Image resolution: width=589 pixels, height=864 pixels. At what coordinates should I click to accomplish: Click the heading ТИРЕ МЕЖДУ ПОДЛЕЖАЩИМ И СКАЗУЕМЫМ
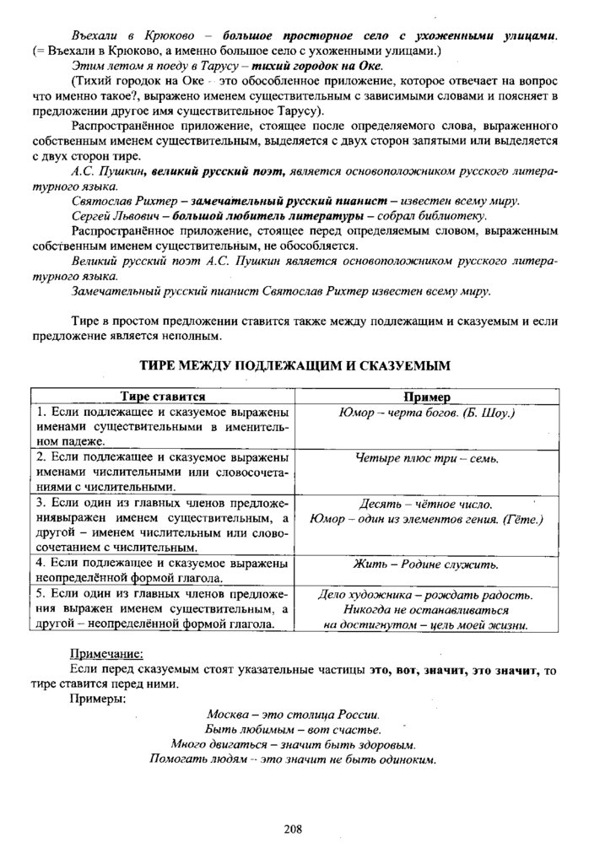(x=294, y=366)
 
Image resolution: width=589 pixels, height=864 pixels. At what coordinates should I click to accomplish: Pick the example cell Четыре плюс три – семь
(x=427, y=459)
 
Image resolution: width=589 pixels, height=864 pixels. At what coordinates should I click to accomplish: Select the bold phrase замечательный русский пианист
(x=289, y=201)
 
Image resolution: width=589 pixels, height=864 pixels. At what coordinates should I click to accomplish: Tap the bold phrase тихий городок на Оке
(x=323, y=67)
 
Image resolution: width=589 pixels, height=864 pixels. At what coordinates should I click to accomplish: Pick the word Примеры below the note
(x=98, y=699)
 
